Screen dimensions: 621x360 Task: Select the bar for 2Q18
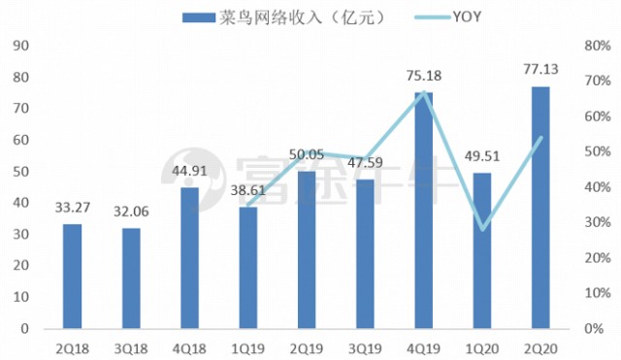tap(73, 277)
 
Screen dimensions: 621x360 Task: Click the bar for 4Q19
tap(424, 211)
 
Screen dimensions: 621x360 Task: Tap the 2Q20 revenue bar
tap(540, 208)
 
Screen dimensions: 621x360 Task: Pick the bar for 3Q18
tap(131, 278)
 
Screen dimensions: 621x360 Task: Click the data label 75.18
tap(424, 76)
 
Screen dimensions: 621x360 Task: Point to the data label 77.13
tap(540, 69)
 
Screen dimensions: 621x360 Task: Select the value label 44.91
tap(190, 171)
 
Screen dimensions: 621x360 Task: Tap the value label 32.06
tap(131, 212)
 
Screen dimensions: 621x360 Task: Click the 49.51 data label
tap(482, 156)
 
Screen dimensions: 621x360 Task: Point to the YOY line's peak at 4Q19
tap(424, 92)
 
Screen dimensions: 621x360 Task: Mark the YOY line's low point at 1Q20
tap(482, 230)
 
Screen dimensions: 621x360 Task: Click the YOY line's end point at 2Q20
tap(541, 138)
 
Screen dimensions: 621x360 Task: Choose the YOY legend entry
tap(448, 17)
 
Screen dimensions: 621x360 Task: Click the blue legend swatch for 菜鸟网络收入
tap(198, 17)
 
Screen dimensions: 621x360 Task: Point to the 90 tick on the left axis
tap(21, 46)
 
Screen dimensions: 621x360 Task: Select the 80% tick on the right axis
tap(598, 46)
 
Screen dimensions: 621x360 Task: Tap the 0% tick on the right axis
tap(594, 328)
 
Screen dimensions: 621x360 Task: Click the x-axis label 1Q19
tap(248, 349)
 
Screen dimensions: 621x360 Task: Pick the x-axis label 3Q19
tap(365, 349)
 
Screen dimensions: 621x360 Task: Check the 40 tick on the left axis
tap(21, 203)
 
